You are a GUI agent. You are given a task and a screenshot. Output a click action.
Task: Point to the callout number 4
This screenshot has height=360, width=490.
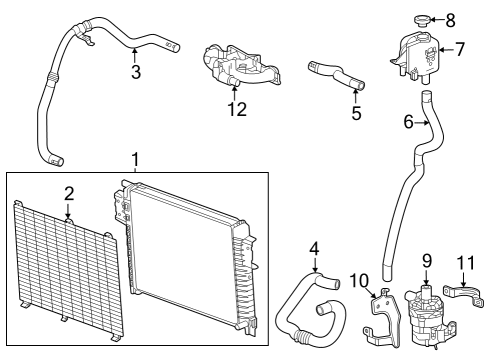click(313, 247)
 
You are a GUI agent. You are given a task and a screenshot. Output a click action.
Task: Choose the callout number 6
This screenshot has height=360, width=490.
click(407, 121)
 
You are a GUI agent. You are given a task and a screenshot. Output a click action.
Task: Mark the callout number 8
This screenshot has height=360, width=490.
click(449, 18)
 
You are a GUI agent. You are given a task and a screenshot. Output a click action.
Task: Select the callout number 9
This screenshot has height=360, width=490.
click(426, 263)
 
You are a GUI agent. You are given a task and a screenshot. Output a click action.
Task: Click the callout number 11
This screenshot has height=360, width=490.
click(462, 264)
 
